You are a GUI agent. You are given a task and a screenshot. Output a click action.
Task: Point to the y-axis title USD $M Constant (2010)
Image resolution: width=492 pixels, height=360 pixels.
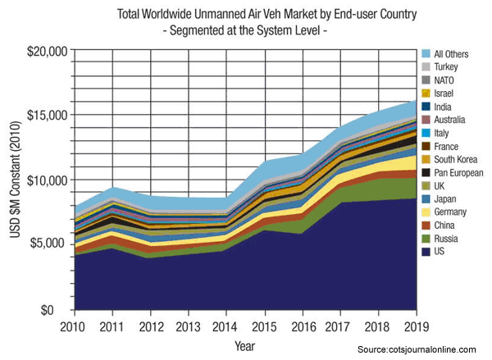point(14,180)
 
